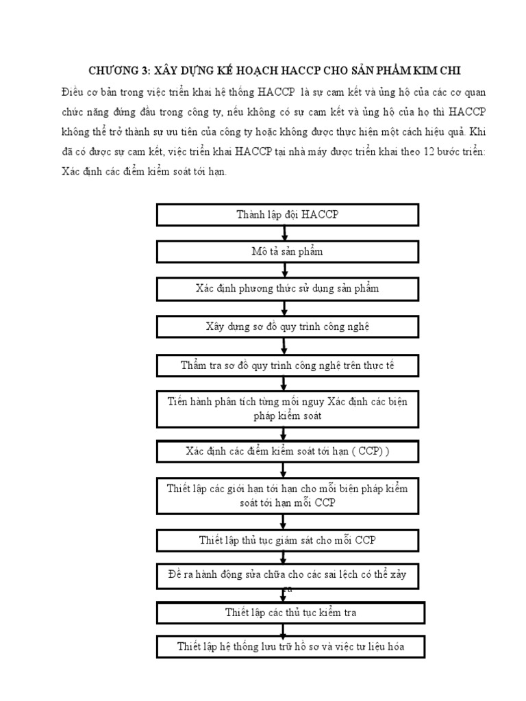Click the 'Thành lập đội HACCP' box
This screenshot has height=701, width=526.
(288, 215)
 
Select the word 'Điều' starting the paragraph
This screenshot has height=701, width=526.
(71, 91)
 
